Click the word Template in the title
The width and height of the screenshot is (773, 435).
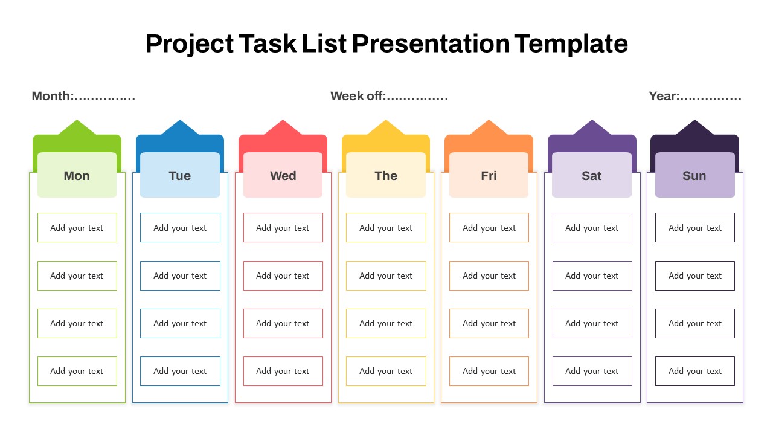coord(571,44)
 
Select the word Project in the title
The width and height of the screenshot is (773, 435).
coord(190,44)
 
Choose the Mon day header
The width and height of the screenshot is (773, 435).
coord(77,175)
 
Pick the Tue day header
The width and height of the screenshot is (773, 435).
coord(180,175)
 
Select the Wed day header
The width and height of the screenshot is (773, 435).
coord(283,175)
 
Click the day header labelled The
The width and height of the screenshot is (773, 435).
coord(386,175)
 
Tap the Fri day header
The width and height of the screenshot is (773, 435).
coord(489,175)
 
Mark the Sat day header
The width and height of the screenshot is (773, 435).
coord(592,175)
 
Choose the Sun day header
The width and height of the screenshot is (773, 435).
coord(694,175)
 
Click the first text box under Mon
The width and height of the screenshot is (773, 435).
coord(77,228)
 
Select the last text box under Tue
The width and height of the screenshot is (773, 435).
coord(180,371)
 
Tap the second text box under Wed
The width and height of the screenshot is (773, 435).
coord(283,275)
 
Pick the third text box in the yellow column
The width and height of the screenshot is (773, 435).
coord(386,323)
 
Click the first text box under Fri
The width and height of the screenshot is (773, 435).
coord(489,228)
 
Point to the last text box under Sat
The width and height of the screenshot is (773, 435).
coord(592,371)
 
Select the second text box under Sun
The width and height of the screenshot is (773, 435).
coord(695,275)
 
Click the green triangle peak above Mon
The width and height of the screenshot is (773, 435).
coord(77,120)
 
